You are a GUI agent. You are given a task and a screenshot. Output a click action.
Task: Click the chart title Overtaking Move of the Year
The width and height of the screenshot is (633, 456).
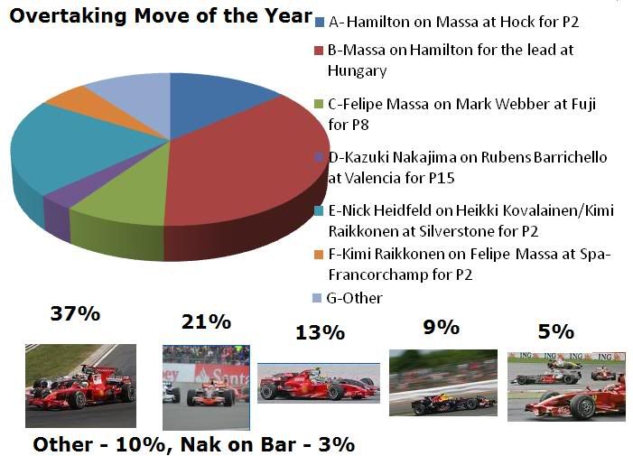[161, 16]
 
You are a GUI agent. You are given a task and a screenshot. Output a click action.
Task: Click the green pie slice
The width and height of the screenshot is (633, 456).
[121, 194]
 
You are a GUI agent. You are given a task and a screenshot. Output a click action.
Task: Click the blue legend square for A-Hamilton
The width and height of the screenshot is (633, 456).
[320, 23]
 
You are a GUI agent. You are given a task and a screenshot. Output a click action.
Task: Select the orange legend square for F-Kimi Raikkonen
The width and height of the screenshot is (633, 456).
[319, 255]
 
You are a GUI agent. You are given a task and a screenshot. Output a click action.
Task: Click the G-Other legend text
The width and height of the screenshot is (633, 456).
[355, 298]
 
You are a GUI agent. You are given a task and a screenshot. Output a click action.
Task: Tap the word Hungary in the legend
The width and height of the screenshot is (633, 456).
[358, 71]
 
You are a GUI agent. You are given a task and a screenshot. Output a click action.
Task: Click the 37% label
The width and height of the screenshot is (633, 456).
[76, 313]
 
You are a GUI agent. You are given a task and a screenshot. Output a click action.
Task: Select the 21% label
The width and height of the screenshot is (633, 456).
[206, 322]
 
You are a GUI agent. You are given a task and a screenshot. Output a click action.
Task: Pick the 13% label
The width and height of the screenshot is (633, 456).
[321, 333]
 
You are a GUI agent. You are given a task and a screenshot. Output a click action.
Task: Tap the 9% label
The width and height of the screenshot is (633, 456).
[442, 327]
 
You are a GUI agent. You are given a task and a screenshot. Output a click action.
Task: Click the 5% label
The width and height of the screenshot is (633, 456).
[556, 331]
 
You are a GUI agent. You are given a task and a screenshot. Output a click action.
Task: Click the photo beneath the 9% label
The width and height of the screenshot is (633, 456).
[443, 383]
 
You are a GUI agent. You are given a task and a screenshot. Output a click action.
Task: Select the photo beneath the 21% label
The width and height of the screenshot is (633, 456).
[206, 387]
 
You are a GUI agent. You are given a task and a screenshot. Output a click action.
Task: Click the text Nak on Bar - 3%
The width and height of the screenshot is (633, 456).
[267, 444]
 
